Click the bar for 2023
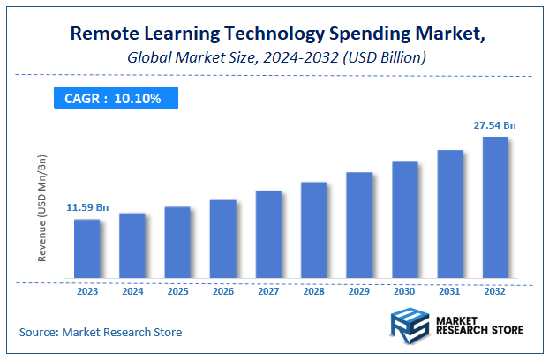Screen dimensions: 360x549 [86, 250]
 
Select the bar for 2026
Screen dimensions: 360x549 [222, 240]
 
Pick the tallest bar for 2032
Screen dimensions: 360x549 [495, 208]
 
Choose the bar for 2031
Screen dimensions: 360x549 [450, 215]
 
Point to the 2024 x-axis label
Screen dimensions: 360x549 [132, 290]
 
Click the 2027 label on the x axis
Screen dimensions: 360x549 [268, 290]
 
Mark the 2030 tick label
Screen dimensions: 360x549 [404, 290]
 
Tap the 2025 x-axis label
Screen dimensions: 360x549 [177, 290]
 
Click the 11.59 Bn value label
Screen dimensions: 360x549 [87, 207]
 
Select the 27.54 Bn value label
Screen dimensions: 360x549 [494, 125]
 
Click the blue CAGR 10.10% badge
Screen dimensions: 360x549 [112, 98]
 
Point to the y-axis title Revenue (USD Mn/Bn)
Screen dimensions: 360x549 [41, 208]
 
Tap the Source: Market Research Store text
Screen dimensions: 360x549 [101, 332]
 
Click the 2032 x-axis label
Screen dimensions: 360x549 [495, 290]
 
